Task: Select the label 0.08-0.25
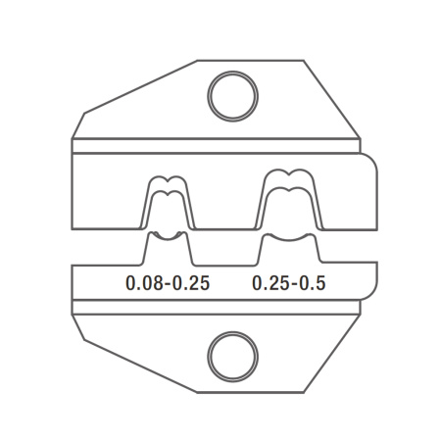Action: tap(168, 283)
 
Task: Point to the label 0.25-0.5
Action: tap(289, 283)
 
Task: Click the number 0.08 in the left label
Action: tap(144, 283)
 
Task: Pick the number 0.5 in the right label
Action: tap(313, 283)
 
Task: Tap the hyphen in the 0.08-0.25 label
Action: tap(168, 285)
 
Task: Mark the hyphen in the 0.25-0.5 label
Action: tap(294, 285)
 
